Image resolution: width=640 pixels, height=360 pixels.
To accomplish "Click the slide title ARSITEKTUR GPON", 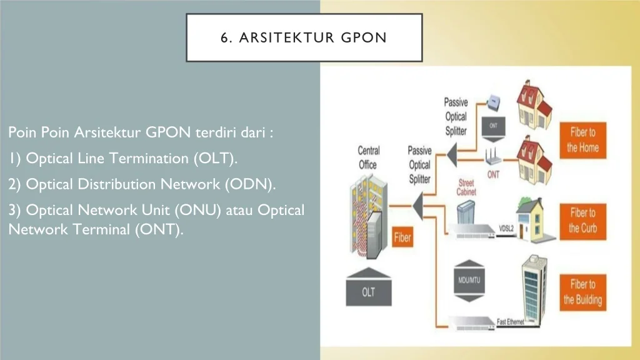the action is tap(312, 37).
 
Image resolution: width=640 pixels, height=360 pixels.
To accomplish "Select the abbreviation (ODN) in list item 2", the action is tap(250, 184).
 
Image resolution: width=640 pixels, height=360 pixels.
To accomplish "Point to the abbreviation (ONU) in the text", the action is tap(197, 210).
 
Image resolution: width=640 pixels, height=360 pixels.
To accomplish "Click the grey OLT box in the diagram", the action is tap(369, 287).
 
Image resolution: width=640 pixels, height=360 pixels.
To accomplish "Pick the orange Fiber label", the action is tap(402, 237).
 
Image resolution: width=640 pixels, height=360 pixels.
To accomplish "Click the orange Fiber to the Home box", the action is tap(583, 140).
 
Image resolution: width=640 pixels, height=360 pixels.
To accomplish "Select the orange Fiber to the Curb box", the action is tap(583, 221).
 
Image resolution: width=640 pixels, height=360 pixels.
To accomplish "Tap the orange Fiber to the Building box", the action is tap(583, 292).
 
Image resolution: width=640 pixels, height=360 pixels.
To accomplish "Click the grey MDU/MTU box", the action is tap(469, 281).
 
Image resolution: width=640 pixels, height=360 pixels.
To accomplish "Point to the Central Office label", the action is tap(369, 157).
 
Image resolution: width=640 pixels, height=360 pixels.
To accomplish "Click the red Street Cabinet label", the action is tap(466, 187).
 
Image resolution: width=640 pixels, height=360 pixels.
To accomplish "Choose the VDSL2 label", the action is tap(506, 229).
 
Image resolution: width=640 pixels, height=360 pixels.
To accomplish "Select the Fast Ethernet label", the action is tap(510, 322).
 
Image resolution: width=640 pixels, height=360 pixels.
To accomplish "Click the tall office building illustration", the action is tap(534, 289).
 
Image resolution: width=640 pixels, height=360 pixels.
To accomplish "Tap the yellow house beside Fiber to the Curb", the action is tap(532, 219).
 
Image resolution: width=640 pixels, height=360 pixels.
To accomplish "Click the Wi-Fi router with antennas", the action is tap(493, 157).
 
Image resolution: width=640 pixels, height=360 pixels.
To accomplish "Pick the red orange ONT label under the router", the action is tap(493, 175).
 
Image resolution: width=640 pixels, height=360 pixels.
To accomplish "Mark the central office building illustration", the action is tap(367, 216).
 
